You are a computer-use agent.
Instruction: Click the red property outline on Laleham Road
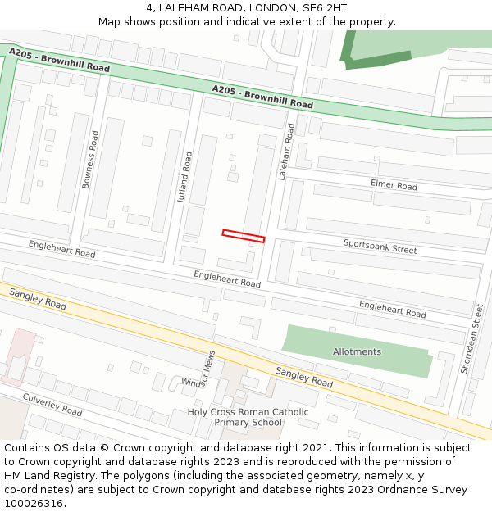(244, 236)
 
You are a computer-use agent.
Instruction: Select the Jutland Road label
(185, 177)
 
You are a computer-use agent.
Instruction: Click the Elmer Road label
(394, 185)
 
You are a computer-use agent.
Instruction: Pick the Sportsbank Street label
(380, 247)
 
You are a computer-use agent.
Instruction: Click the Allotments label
(357, 351)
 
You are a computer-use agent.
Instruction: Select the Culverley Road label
(52, 404)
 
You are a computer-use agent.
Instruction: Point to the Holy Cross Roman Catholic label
(248, 412)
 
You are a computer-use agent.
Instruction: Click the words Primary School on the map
(248, 423)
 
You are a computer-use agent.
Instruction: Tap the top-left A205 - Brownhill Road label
(59, 60)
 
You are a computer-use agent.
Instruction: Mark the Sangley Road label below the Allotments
(304, 377)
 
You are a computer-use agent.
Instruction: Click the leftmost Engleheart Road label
(61, 249)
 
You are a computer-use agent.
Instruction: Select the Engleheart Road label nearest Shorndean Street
(392, 309)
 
